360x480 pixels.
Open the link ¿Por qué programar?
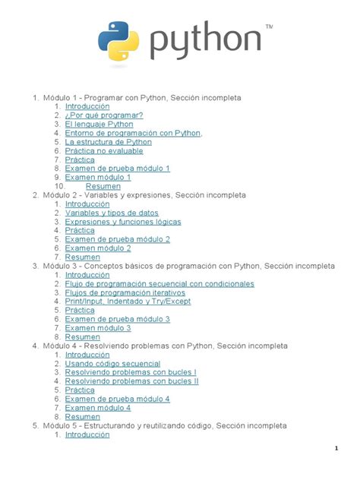103,115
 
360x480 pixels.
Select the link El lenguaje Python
99,124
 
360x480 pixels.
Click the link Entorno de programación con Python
132,133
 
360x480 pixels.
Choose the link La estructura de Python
108,141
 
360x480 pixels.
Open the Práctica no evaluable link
103,150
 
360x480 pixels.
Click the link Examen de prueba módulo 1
117,168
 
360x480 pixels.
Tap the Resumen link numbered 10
103,186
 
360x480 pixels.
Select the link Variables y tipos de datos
112,213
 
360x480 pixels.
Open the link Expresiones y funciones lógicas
123,222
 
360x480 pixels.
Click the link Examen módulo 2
98,248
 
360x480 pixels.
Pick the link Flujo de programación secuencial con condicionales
149,283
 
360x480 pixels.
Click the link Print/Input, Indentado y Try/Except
128,301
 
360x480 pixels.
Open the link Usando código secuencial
112,364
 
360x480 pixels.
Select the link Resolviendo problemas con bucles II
131,381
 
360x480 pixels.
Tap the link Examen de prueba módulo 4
117,399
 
